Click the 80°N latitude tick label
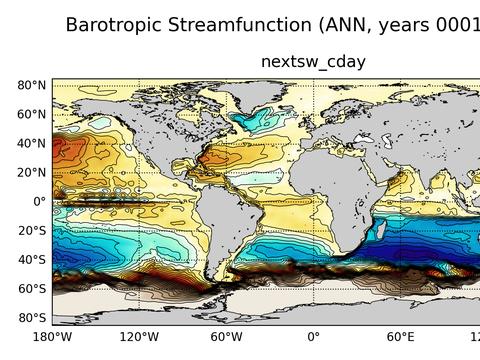[33, 85]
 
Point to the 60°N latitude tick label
[33, 114]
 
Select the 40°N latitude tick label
[33, 143]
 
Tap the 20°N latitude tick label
[33, 172]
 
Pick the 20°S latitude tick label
[33, 230]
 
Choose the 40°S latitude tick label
[33, 259]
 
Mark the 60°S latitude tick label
[33, 288]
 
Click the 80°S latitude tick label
[33, 317]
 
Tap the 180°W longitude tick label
[52, 336]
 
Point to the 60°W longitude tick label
[226, 336]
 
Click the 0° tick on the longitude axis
[313, 336]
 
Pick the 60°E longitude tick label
[400, 336]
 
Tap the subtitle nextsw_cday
[313, 62]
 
